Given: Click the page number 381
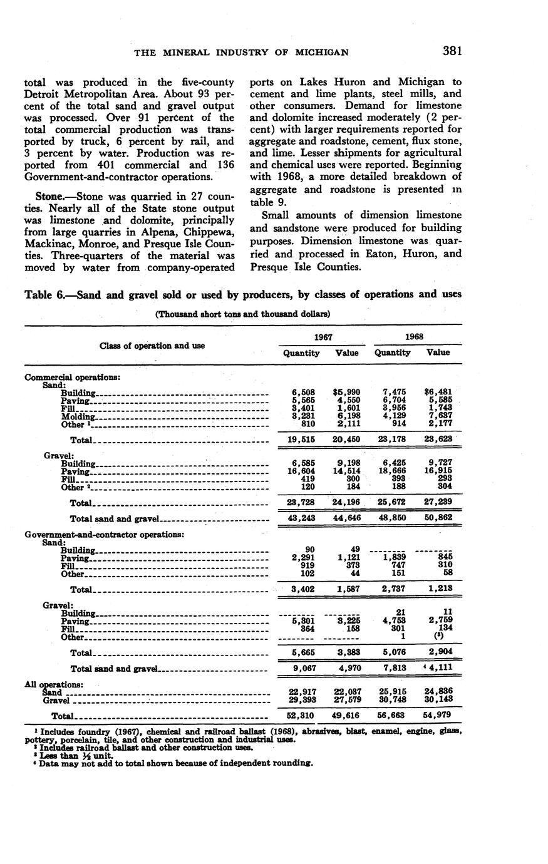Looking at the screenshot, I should point(452,51).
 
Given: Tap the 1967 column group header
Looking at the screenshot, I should point(324,336).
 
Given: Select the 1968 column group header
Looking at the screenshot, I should point(415,336).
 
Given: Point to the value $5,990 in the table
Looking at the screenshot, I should point(347,392).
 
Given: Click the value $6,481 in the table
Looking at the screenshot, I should point(438,392).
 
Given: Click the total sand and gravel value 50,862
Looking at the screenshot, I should point(438,519).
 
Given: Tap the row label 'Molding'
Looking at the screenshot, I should point(78,416).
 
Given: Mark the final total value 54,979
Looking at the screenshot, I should point(438,714).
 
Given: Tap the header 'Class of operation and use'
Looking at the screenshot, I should point(152,345).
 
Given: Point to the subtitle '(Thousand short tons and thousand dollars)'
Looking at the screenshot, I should point(242,314).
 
